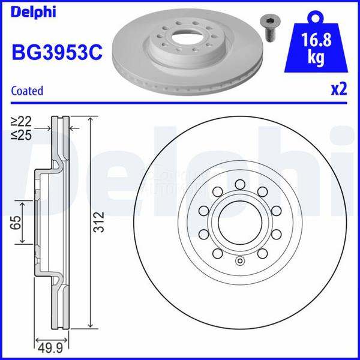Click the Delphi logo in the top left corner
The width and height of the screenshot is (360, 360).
(33, 12)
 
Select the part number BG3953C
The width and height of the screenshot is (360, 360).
(57, 52)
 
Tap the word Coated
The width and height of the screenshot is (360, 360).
(27, 91)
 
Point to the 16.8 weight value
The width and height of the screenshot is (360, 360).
(316, 40)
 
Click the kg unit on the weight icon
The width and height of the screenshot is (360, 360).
(316, 58)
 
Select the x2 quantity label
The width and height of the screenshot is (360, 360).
(339, 89)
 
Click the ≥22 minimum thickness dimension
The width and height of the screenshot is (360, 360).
(21, 121)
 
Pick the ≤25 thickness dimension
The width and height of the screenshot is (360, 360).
(21, 136)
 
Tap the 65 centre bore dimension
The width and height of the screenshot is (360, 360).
(16, 222)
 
